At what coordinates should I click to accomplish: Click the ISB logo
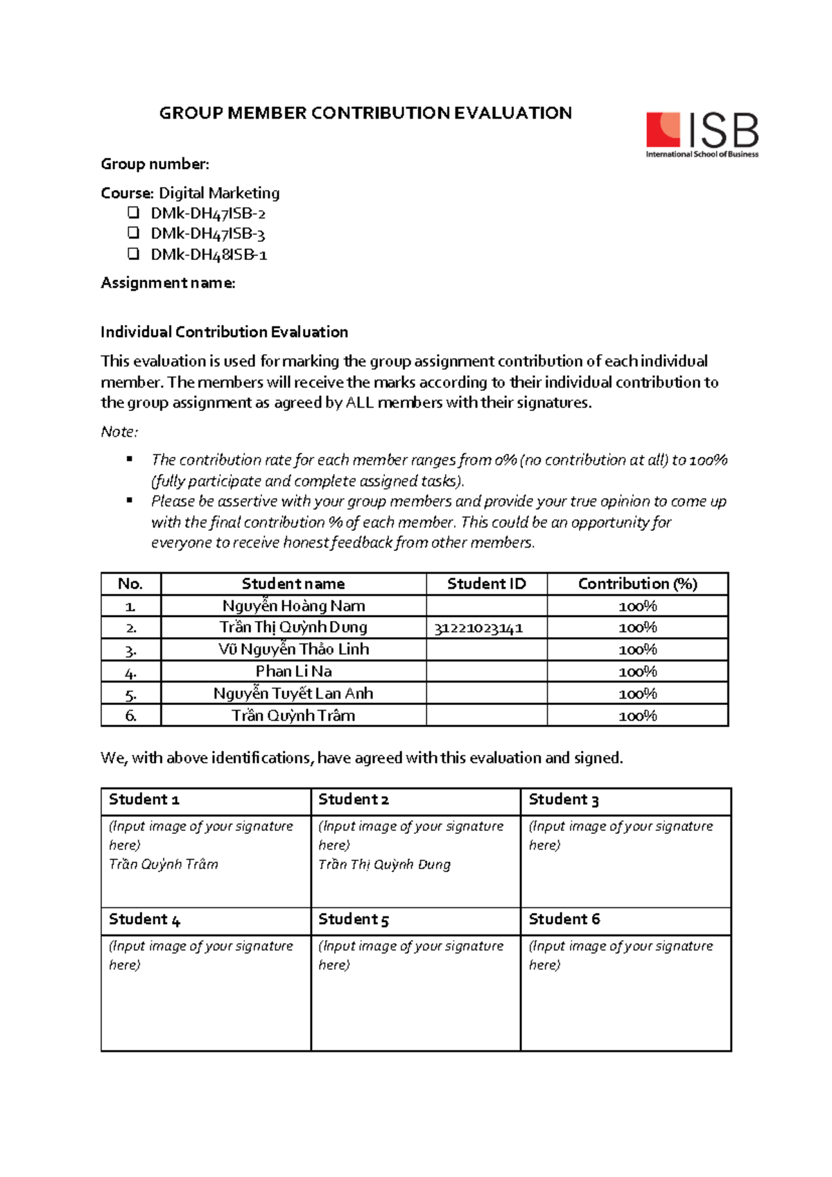702,134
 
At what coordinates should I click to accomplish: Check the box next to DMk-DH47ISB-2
134,213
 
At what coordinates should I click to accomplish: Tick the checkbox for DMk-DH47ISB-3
134,233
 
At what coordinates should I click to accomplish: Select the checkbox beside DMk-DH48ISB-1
134,254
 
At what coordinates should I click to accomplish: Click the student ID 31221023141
478,628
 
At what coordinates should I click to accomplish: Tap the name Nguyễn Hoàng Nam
293,606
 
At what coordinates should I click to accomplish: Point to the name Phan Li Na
293,671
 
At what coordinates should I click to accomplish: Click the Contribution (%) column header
637,584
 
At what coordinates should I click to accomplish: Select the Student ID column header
486,584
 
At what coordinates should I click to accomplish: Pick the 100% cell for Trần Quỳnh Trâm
637,715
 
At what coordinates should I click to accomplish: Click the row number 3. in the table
130,650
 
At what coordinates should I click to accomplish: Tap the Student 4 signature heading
144,919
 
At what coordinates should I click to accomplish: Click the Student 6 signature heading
564,919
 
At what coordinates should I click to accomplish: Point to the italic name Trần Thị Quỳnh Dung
384,864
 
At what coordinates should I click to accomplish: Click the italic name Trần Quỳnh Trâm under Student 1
164,864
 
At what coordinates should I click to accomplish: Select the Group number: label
155,164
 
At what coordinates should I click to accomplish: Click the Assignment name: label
168,283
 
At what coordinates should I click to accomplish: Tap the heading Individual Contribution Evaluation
224,332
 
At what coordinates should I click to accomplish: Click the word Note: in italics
119,432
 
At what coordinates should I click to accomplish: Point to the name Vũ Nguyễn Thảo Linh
293,649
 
